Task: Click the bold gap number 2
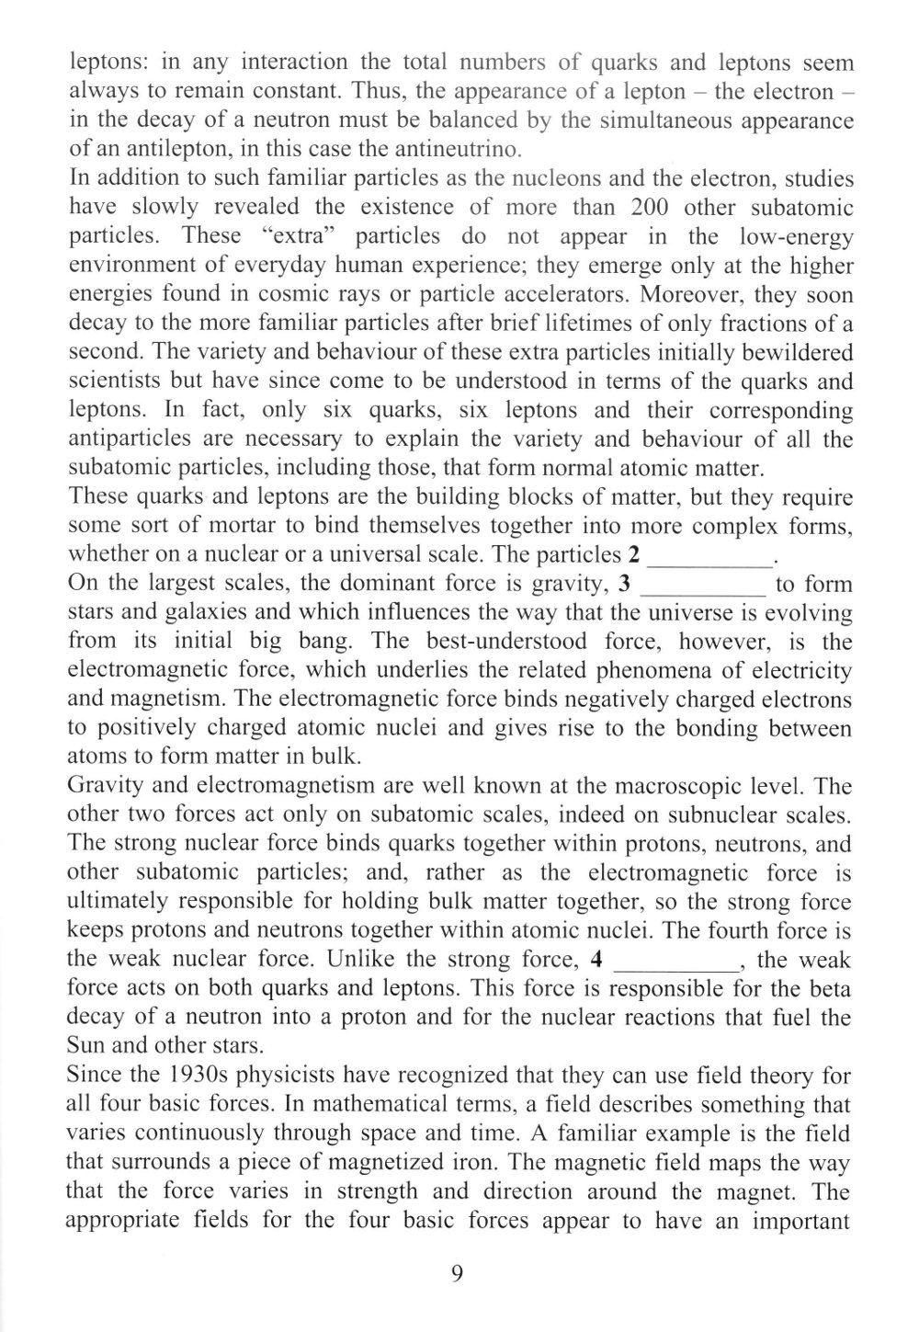(x=633, y=555)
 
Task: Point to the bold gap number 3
(x=625, y=585)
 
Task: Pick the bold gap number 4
(x=597, y=961)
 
